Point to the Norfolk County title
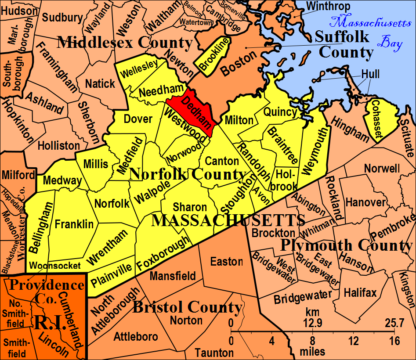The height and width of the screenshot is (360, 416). coord(188,174)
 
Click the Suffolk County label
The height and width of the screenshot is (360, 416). coord(345,44)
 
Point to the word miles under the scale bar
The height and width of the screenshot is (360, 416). coord(313,352)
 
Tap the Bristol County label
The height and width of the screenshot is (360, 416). coord(187,307)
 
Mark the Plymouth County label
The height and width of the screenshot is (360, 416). coord(347,245)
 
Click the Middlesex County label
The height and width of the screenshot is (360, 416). coord(125,43)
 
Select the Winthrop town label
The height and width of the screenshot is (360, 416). coord(329,6)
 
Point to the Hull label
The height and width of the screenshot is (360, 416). coord(371,74)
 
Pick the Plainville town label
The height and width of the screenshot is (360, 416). coord(111,276)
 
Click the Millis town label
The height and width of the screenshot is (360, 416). coord(96,164)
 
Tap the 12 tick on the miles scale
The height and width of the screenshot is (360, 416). coord(354,341)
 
